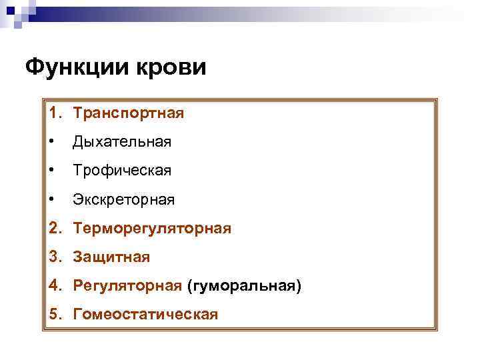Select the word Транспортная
[x=129, y=113]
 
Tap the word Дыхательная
[x=122, y=142]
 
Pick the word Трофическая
[x=122, y=171]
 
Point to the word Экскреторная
[x=124, y=199]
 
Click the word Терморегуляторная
[x=153, y=229]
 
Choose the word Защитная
[x=112, y=257]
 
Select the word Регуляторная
[x=127, y=286]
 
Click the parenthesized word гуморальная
[x=245, y=286]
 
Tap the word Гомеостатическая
[x=146, y=314]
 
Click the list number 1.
[x=53, y=113]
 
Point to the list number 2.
[x=53, y=229]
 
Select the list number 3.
[x=53, y=257]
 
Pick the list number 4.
[x=53, y=286]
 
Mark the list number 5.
[x=53, y=314]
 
